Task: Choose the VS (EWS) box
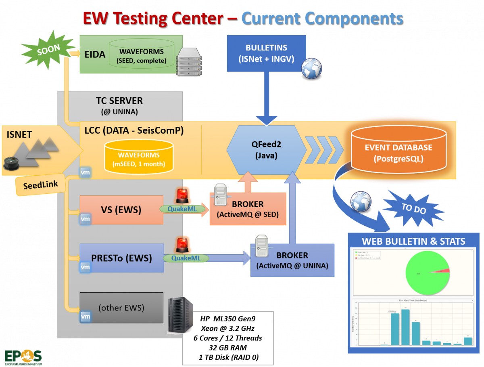(x=121, y=210)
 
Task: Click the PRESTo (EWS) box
(x=121, y=258)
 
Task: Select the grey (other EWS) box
(x=121, y=308)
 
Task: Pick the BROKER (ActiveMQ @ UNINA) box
(x=292, y=260)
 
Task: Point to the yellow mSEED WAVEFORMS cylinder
(x=138, y=157)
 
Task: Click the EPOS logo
(x=23, y=356)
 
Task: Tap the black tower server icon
(x=180, y=315)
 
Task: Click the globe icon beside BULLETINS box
(x=312, y=68)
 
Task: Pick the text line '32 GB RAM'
(x=228, y=348)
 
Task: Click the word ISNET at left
(x=19, y=134)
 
